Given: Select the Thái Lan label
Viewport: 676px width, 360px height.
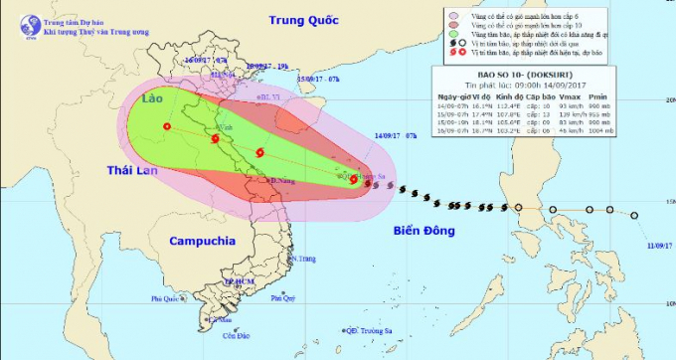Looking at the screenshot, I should tap(134, 171).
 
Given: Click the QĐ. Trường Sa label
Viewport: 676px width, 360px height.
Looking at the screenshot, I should tap(367, 330).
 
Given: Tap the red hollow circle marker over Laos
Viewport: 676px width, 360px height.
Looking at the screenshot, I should tap(167, 126).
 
